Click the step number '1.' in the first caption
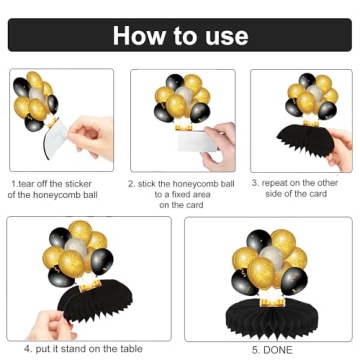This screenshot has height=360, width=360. click(x=14, y=183)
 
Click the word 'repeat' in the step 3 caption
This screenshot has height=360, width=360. click(x=280, y=183)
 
